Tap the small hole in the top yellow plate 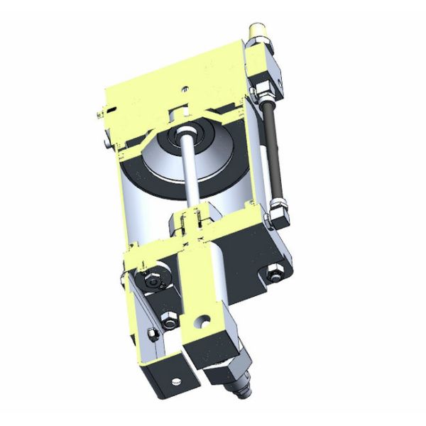coord(185,90)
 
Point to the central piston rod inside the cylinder coord(192,170)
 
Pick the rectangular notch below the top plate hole coord(182,111)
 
